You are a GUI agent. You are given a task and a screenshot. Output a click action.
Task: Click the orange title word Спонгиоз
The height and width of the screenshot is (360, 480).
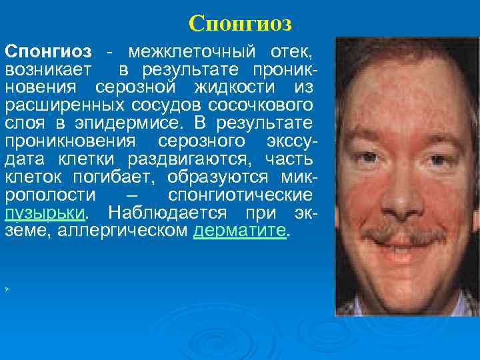coord(240,23)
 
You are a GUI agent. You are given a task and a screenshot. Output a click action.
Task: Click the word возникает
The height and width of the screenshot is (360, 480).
coord(50,69)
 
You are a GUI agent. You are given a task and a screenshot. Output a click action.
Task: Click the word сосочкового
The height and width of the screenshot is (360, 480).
coord(266,105)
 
